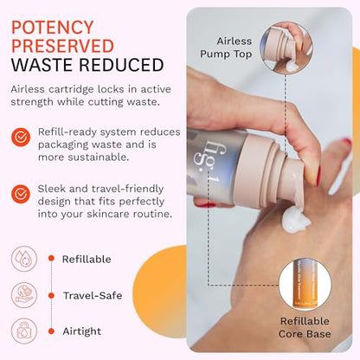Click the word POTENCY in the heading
click(53, 28)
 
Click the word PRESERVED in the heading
click(62, 46)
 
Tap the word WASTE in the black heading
click(42, 65)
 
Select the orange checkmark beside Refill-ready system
click(21, 138)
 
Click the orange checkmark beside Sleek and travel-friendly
click(21, 194)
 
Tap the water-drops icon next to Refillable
click(24, 259)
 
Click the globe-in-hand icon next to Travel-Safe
click(24, 295)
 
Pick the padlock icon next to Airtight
click(24, 331)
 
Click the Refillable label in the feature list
click(87, 259)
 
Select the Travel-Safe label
click(93, 295)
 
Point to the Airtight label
click(82, 331)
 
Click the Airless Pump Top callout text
click(226, 48)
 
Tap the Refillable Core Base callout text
click(305, 327)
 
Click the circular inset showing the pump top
click(286, 48)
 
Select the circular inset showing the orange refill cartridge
click(305, 284)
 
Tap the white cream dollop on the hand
click(295, 220)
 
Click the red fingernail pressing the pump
click(318, 176)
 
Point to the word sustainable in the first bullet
click(98, 157)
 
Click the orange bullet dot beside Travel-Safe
click(51, 295)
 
